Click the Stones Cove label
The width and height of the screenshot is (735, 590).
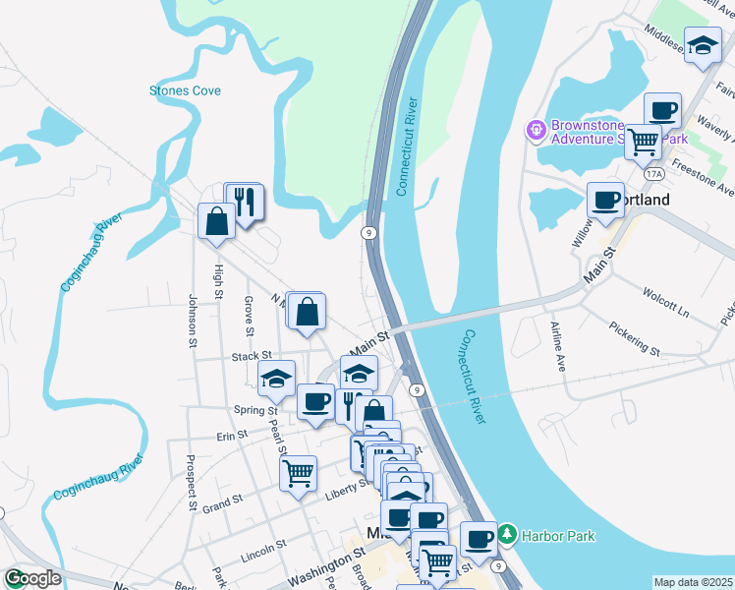point(185,90)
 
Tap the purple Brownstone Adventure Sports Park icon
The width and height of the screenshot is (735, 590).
point(536,129)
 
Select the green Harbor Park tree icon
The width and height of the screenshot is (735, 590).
point(507,535)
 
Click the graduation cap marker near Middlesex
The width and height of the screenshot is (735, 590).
point(702,47)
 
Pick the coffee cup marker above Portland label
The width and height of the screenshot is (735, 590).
point(605,200)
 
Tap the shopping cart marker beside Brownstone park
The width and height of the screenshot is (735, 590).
point(643,143)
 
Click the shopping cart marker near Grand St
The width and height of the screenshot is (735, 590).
point(298,473)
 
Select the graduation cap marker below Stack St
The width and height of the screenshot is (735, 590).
point(277,378)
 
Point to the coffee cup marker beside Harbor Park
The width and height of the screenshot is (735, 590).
point(479,539)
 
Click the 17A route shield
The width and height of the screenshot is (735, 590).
point(654,173)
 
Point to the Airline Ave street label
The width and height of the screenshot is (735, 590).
point(559,344)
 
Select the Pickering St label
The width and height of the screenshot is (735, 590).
point(634,335)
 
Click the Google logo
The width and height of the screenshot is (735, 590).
point(31,578)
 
